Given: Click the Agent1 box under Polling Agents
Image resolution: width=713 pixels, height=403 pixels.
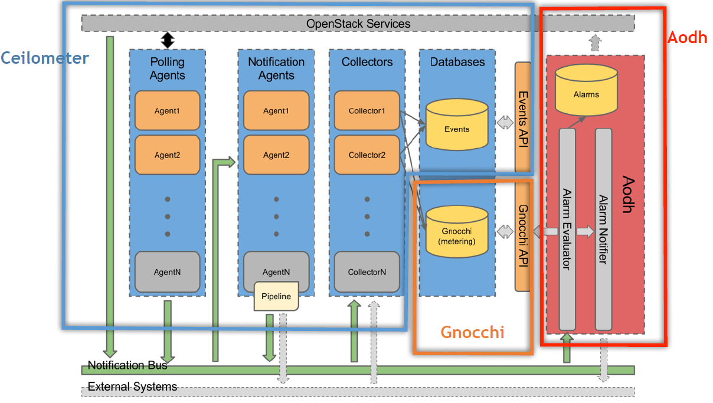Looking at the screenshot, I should [x=167, y=110].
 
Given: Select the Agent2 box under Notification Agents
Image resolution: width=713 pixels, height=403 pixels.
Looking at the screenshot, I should [x=276, y=155].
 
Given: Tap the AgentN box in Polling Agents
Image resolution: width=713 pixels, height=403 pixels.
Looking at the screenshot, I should [x=167, y=272].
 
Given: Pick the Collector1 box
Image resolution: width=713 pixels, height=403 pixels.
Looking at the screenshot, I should [x=367, y=110].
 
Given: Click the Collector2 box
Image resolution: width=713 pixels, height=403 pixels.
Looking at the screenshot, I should [x=367, y=155].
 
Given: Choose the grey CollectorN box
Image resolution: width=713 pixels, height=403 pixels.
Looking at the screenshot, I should [x=367, y=272].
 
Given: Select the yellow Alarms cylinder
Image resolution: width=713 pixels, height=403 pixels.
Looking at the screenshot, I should [x=586, y=91].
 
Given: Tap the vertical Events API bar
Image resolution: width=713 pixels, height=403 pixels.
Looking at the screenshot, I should [x=523, y=116].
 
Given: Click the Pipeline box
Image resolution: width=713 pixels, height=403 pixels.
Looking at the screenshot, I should [x=276, y=296].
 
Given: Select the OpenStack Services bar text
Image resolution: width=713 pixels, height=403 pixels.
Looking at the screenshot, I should [x=358, y=24].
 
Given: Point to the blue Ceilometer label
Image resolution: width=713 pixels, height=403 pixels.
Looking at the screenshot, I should [x=44, y=58].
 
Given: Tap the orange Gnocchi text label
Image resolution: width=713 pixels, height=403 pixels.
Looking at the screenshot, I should [x=472, y=332].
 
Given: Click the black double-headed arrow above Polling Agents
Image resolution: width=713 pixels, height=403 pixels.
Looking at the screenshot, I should [x=168, y=40].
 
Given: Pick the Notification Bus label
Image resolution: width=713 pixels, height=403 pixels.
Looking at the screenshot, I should [x=127, y=365].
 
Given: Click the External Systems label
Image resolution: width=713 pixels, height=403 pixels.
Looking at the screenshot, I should [x=132, y=387].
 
